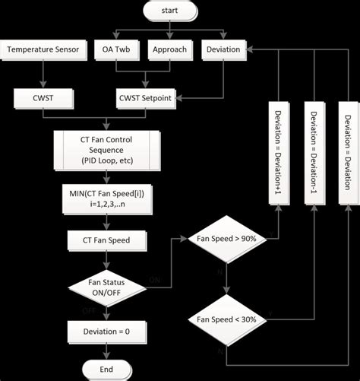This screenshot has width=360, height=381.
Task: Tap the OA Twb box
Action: point(117,49)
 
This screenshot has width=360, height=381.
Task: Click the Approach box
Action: point(170,49)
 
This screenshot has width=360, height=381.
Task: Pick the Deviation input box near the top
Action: point(223,49)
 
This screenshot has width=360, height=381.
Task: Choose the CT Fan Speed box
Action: point(106,240)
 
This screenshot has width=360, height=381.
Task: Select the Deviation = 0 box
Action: point(106,331)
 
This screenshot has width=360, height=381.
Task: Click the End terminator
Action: point(106,369)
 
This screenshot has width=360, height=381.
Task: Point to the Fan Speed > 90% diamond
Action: point(227,239)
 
